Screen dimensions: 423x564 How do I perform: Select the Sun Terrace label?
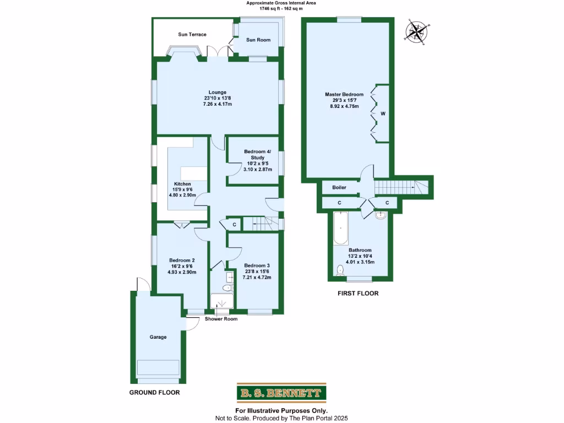[192, 35]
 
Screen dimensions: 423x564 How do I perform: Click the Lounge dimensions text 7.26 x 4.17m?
[217, 104]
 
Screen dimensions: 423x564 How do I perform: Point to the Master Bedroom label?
[344, 94]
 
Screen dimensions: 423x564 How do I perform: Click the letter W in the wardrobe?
[383, 114]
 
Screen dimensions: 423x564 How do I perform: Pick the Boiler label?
[339, 187]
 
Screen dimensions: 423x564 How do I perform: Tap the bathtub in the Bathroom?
[340, 230]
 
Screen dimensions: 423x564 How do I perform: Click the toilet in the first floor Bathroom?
[340, 270]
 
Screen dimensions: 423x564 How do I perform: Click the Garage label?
[158, 337]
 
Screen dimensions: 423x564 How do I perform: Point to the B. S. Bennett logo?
[281, 393]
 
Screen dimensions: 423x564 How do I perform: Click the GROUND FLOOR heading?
[154, 393]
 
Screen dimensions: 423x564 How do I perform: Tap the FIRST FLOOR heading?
[358, 294]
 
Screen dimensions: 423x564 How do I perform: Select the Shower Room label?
[221, 319]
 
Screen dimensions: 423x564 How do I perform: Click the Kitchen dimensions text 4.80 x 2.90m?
[182, 195]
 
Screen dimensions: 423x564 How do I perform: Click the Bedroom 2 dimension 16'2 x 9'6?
[182, 266]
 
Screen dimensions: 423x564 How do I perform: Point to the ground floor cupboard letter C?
[234, 224]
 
